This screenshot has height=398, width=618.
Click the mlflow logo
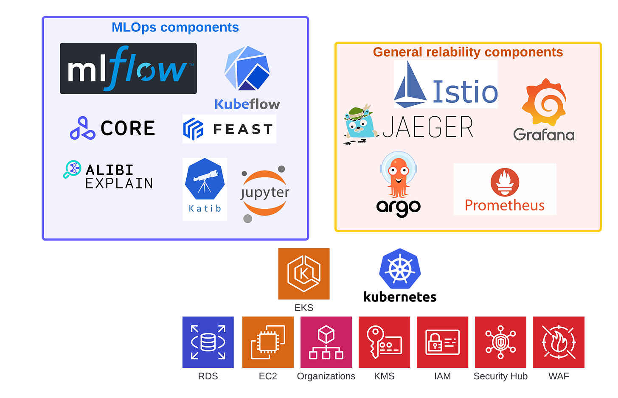pyautogui.click(x=128, y=68)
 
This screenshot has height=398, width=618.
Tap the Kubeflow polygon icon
pyautogui.click(x=247, y=68)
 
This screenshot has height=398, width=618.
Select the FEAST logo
pyautogui.click(x=229, y=129)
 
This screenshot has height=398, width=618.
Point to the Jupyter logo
pyautogui.click(x=264, y=193)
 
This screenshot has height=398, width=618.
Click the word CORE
pyautogui.click(x=128, y=129)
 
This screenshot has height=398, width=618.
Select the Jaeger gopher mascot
pyautogui.click(x=360, y=124)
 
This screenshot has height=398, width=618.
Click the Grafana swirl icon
pyautogui.click(x=544, y=102)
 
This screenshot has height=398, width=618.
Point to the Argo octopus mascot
pyautogui.click(x=398, y=177)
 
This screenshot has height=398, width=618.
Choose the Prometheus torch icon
pyautogui.click(x=505, y=182)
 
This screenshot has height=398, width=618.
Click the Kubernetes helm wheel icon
pyautogui.click(x=400, y=269)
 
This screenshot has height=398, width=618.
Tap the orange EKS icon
pyautogui.click(x=304, y=274)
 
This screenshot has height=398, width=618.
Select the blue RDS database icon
pyautogui.click(x=208, y=342)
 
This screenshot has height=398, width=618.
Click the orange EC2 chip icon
pyautogui.click(x=268, y=342)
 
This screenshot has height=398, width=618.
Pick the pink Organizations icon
pyautogui.click(x=326, y=342)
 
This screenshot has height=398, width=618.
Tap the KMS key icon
pyautogui.click(x=385, y=342)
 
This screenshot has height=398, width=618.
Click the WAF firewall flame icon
pyautogui.click(x=559, y=342)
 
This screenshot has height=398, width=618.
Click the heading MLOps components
pyautogui.click(x=175, y=28)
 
